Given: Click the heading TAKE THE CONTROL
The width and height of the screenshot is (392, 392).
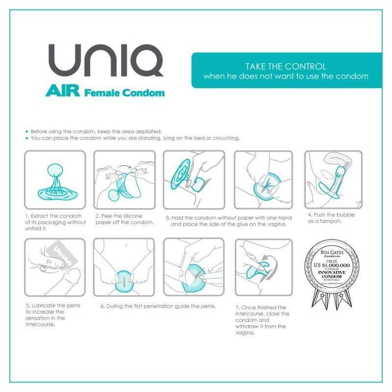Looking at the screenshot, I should tap(285, 66).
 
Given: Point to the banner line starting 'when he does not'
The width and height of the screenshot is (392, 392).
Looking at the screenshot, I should tap(285, 77).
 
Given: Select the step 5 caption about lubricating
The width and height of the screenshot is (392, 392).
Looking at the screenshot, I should tap(53, 315).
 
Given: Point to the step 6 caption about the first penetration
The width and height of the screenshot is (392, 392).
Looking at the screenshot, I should tap(158, 306).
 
